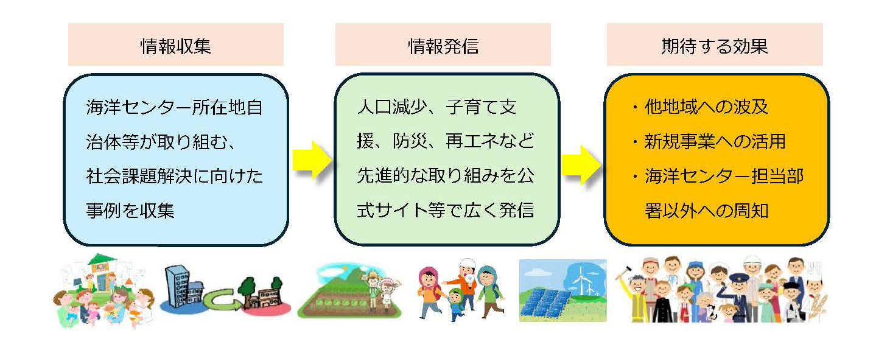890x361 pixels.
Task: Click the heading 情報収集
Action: [x=175, y=46]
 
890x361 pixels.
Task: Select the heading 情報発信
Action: [x=443, y=46]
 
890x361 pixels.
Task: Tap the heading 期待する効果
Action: [x=715, y=46]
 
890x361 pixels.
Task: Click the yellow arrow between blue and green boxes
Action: [x=312, y=160]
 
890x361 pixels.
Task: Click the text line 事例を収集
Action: [x=130, y=210]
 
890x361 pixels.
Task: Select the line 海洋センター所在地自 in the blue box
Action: [x=175, y=107]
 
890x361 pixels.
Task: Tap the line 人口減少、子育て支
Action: [x=436, y=107]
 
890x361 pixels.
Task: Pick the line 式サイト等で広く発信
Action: [x=446, y=210]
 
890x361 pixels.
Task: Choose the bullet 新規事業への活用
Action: [x=709, y=141]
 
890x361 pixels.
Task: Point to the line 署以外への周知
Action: [x=706, y=211]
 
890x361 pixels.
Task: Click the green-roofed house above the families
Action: [x=102, y=272]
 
